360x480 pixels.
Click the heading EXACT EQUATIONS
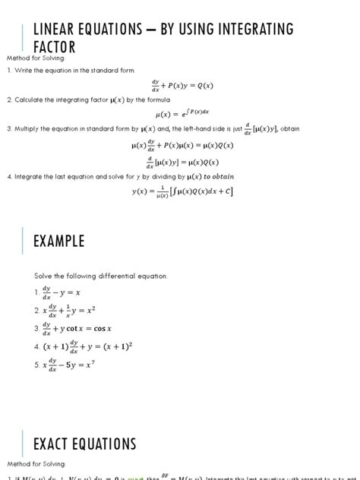pos(84,444)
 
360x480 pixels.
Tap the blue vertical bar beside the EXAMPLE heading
pos(22,241)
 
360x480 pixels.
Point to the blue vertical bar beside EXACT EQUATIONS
pos(22,444)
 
